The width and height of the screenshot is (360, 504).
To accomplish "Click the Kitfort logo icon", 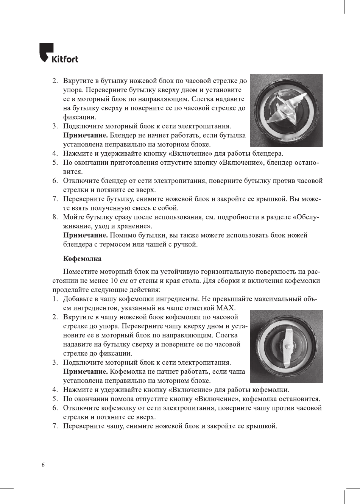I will click(46, 53).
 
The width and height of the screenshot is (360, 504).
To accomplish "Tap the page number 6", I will click(43, 465).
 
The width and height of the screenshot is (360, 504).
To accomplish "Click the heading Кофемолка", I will click(82, 259).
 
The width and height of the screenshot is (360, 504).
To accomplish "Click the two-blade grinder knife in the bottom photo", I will click(287, 345).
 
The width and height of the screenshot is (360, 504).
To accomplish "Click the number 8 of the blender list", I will click(55, 217).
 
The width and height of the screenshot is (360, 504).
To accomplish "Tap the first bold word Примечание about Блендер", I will click(85, 136).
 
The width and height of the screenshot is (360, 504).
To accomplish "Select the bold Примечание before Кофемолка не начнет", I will click(85, 372).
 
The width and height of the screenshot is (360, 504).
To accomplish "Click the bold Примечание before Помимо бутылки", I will click(85, 236).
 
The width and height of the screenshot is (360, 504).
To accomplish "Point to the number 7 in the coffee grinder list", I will click(55, 426).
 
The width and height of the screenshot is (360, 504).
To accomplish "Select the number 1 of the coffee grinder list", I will click(55, 299).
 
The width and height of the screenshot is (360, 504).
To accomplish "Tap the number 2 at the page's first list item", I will click(55, 81).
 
